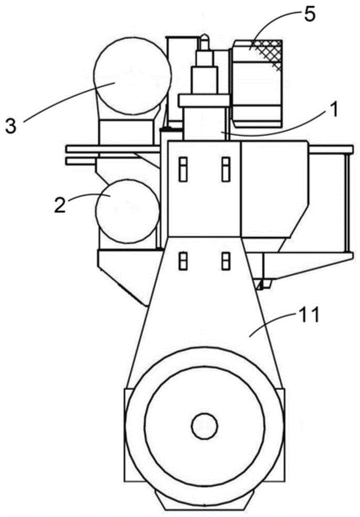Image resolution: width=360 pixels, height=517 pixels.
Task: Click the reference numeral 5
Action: click(309, 15)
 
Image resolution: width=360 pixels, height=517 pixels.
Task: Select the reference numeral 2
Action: click(59, 204)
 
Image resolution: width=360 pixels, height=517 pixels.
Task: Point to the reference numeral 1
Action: click(334, 110)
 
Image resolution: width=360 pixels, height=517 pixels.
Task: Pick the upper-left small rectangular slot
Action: click(183, 169)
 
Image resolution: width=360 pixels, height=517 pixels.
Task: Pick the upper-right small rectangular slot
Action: click(226, 169)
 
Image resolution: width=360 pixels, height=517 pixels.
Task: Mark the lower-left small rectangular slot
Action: click(183, 261)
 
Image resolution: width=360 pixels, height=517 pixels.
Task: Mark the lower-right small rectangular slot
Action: click(226, 261)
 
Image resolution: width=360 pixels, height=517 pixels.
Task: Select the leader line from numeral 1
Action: click(277, 128)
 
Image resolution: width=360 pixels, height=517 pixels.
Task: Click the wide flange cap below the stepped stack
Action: click(204, 101)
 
